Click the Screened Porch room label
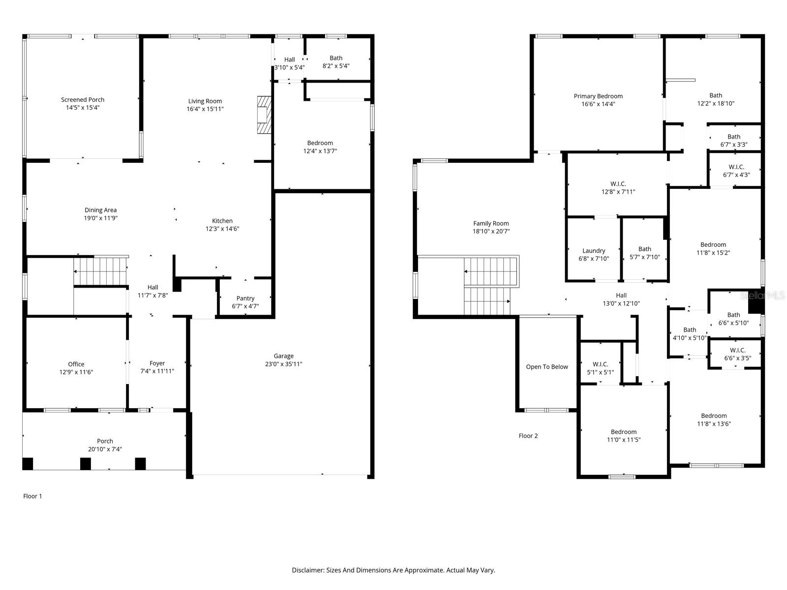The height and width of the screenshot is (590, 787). (x=83, y=100)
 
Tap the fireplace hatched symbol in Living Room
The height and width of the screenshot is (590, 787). (x=264, y=115)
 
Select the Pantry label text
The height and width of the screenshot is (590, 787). (x=245, y=298)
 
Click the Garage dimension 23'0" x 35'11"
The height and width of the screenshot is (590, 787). (x=284, y=364)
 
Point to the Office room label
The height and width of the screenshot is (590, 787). (x=76, y=364)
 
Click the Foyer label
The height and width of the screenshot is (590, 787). (x=157, y=363)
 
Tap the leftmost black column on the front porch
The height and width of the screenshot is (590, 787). (x=28, y=464)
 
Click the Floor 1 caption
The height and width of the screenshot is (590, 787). (x=33, y=496)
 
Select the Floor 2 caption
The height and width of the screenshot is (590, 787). (x=528, y=436)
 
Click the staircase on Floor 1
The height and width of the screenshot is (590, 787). (x=100, y=270)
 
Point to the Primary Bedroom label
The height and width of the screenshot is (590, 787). (x=598, y=96)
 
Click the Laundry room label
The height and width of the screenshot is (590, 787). (x=594, y=251)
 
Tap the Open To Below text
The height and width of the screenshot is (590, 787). (x=547, y=367)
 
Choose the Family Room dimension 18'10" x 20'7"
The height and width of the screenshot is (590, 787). (x=491, y=231)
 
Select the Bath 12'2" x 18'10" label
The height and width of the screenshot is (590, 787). (x=716, y=95)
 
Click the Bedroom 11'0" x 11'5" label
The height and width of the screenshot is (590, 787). (x=624, y=432)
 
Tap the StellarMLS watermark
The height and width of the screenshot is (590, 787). (x=762, y=295)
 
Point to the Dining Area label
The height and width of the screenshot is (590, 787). (x=100, y=210)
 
